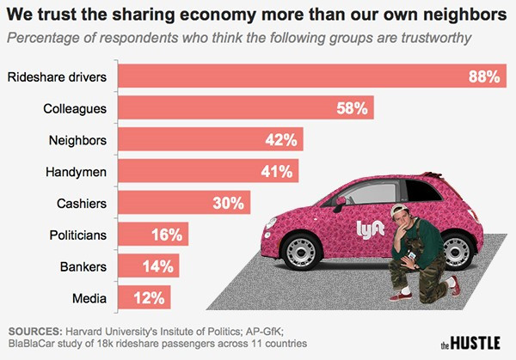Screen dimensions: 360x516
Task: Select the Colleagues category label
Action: [75, 109]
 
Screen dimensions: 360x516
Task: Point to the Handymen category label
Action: [76, 172]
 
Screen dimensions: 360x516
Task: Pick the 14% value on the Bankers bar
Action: [160, 266]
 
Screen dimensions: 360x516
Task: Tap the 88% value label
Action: [483, 77]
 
